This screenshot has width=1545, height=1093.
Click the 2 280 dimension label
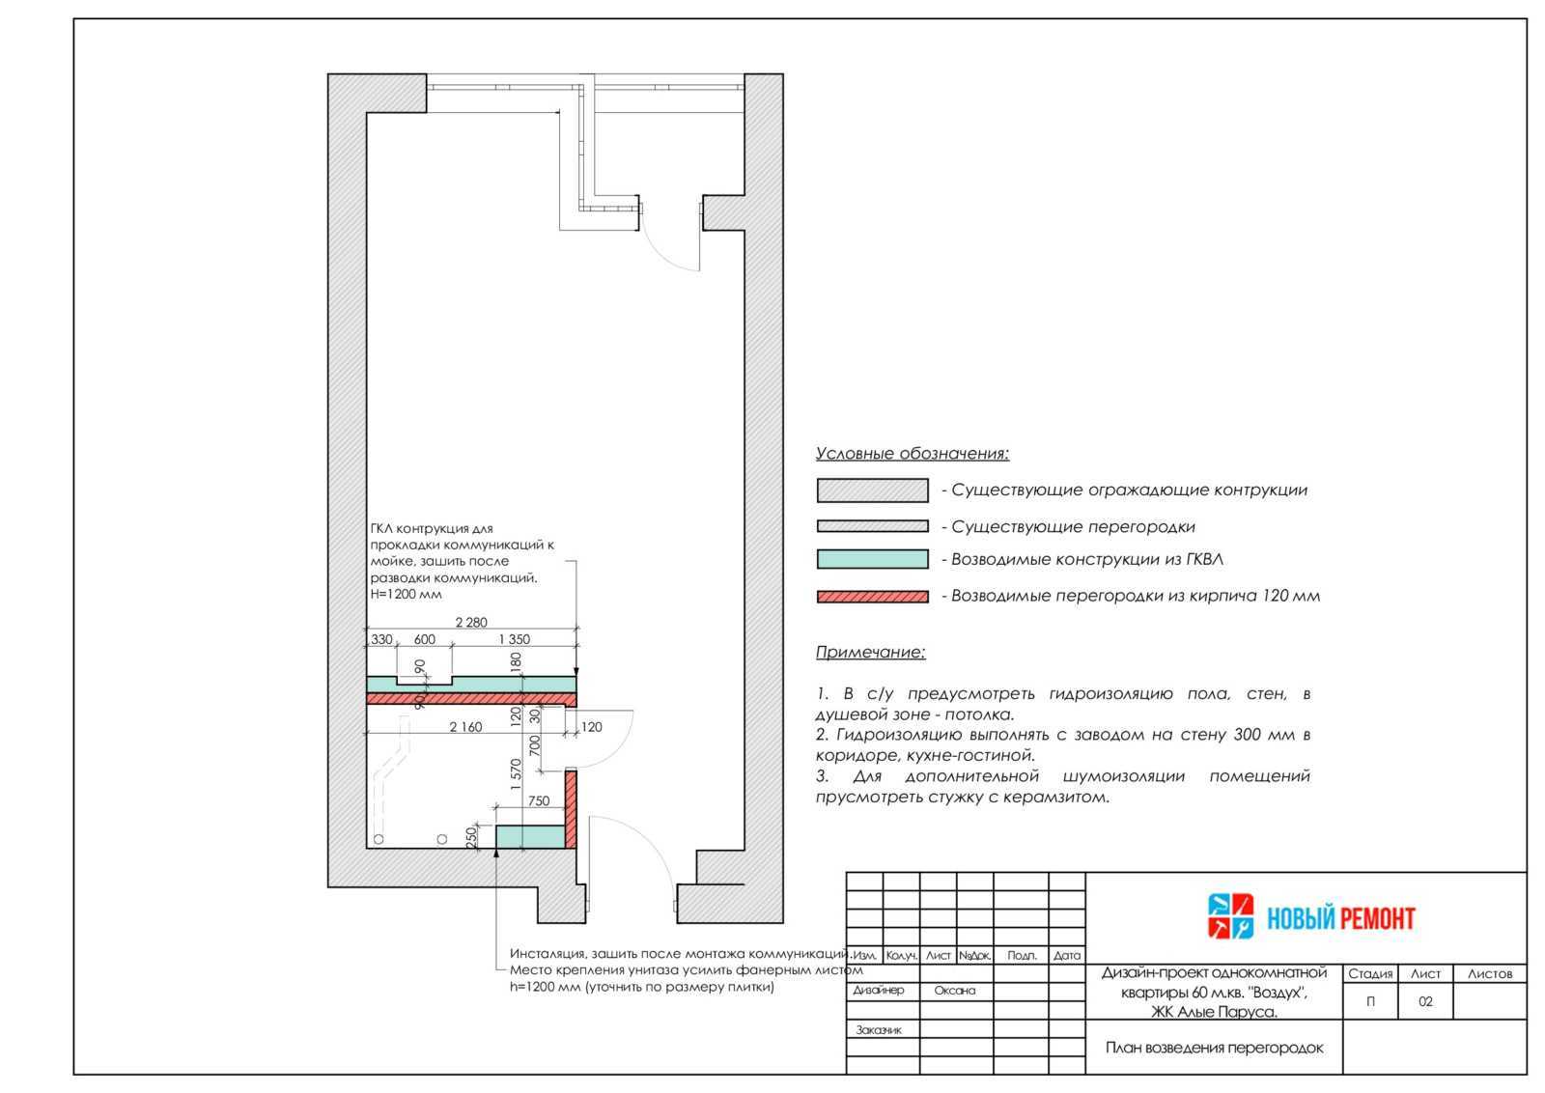tap(471, 622)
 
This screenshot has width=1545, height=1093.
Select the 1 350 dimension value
tap(514, 639)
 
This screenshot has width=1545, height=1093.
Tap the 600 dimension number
tap(424, 639)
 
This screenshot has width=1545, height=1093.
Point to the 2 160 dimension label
tap(465, 727)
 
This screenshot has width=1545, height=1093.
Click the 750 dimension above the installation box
tap(539, 800)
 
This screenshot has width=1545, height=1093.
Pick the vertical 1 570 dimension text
tap(516, 774)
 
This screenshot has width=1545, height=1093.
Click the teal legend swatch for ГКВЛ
tap(873, 558)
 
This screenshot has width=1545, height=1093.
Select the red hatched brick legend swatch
tap(873, 597)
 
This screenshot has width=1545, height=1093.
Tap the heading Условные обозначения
tap(912, 454)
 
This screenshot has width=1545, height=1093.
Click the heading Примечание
tap(870, 653)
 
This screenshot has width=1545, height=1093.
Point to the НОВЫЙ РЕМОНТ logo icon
tap(1230, 916)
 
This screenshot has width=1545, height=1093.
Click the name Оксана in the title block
tap(955, 991)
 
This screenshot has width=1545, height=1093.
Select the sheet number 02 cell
tap(1425, 1001)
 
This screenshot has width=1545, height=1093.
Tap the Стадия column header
tap(1370, 973)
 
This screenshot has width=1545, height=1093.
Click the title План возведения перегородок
tap(1214, 1048)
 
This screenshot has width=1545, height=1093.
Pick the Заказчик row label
tap(879, 1029)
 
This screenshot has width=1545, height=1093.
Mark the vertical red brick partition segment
tap(571, 809)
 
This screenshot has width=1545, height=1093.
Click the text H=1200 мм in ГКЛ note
tap(406, 594)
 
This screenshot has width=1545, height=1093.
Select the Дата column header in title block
tap(1066, 955)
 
